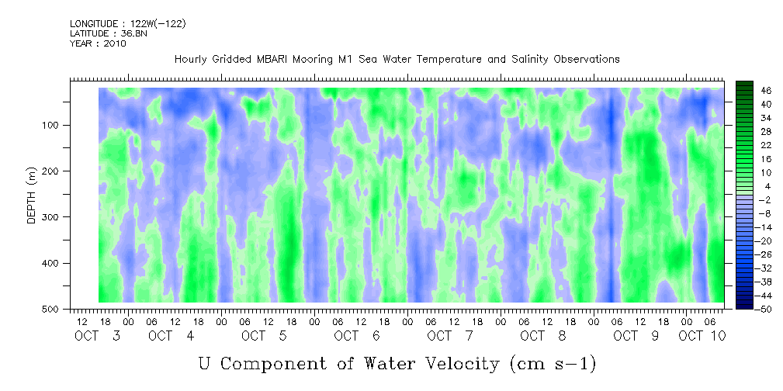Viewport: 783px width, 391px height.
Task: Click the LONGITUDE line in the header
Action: point(128,23)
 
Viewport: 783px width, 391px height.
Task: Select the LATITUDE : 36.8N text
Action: point(109,33)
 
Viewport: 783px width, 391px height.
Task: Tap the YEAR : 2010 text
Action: point(98,43)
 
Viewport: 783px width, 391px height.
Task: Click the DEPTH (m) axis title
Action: point(32,198)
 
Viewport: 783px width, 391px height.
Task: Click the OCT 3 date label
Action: point(98,336)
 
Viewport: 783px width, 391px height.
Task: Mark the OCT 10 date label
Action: point(702,336)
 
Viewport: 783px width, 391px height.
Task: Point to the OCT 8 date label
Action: point(543,336)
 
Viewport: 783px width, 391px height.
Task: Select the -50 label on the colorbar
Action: point(764,309)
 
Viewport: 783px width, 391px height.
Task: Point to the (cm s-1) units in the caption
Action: point(553,364)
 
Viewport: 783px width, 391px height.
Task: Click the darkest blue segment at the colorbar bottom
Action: point(744,306)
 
